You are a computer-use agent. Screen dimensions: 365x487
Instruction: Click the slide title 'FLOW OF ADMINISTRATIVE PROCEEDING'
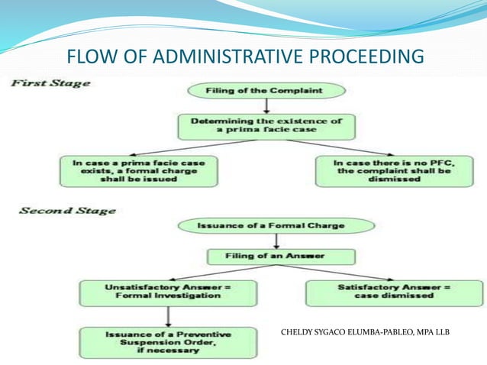click(x=244, y=57)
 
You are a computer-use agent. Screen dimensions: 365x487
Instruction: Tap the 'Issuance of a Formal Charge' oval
click(x=276, y=226)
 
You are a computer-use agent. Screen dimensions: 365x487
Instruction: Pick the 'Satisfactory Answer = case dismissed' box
click(x=394, y=292)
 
